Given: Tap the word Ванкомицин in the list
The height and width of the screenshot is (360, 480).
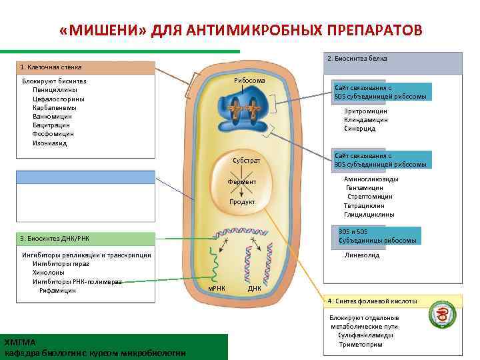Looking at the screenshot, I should click(51, 116).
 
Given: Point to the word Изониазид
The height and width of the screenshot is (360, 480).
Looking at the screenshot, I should click(49, 143).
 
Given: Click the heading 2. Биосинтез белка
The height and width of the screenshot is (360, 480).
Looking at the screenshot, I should click(357, 59).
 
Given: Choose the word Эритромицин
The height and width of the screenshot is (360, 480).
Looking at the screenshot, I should click(365, 111).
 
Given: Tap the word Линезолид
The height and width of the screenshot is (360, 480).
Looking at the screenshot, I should click(362, 255).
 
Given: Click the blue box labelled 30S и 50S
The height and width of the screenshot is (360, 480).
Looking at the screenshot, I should click(377, 235).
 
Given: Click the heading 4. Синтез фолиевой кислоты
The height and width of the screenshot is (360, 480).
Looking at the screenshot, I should click(372, 301).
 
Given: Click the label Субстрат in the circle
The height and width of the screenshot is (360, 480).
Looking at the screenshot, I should click(246, 161).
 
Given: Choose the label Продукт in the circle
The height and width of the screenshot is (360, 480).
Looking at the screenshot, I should click(242, 201).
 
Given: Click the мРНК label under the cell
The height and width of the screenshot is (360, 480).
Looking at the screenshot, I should click(217, 288).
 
